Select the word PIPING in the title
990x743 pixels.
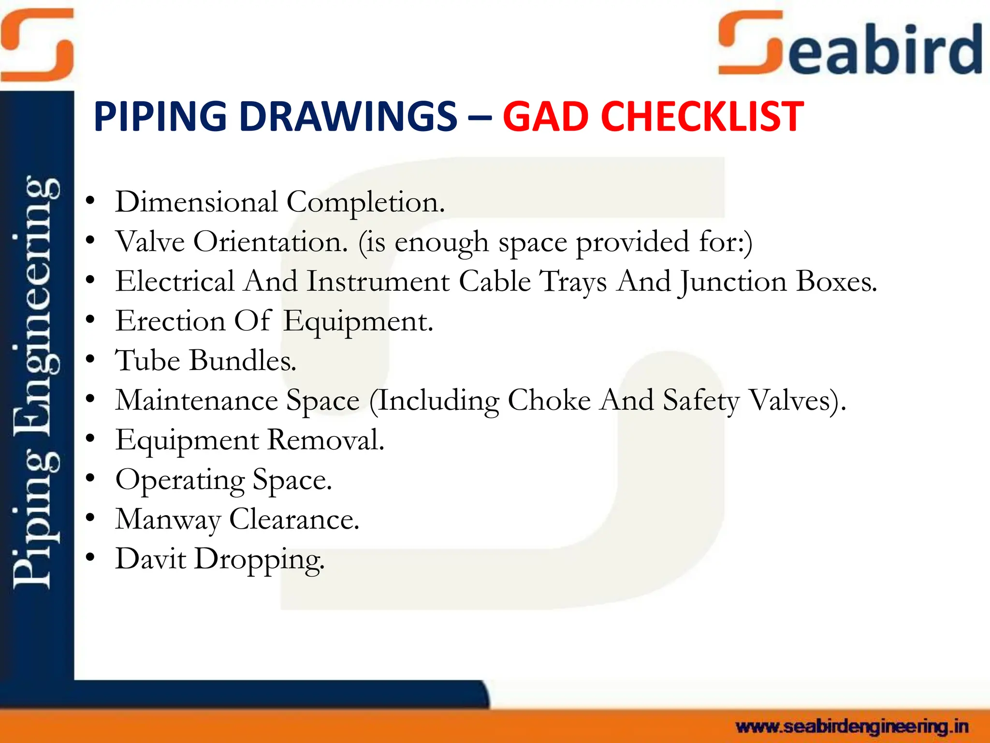coord(160,117)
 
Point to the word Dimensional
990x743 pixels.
coord(196,202)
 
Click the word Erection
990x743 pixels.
coord(170,321)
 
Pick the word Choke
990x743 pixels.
coord(549,400)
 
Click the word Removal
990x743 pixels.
coord(325,440)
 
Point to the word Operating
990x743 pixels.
coord(180,480)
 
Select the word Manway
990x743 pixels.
coord(168,520)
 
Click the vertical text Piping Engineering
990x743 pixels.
coord(36,382)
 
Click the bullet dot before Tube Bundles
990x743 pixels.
coord(90,359)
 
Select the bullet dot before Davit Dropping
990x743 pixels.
coord(90,558)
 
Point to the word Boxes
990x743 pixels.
coord(835,281)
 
